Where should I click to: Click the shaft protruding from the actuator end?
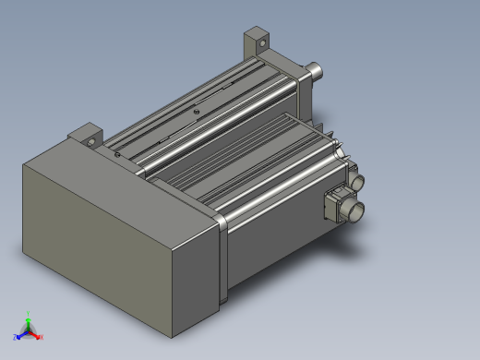(x=317, y=68)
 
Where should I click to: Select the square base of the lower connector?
(x=337, y=204)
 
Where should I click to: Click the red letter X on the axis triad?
(x=41, y=337)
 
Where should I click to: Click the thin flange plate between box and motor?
(x=222, y=258)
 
